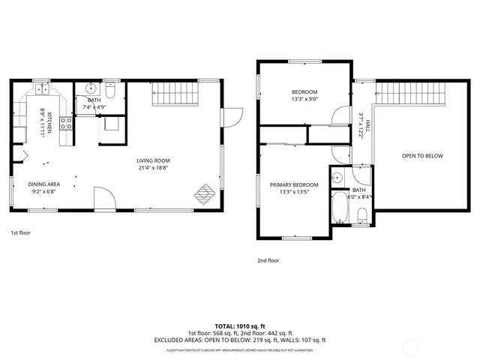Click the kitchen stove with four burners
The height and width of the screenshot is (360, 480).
click(x=65, y=123)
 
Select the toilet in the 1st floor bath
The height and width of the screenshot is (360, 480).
click(x=110, y=93)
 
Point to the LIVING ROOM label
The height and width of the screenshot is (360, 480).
click(x=153, y=160)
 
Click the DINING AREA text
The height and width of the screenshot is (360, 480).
click(x=43, y=184)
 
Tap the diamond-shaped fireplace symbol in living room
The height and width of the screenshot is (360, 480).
click(x=204, y=194)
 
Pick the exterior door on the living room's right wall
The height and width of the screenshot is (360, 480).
click(x=233, y=118)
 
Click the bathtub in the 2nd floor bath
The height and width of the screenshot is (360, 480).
click(x=339, y=208)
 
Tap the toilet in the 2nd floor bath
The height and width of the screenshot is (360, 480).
click(x=361, y=217)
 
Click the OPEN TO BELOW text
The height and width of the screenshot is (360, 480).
click(x=422, y=156)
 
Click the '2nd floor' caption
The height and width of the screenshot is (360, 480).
click(x=268, y=260)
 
